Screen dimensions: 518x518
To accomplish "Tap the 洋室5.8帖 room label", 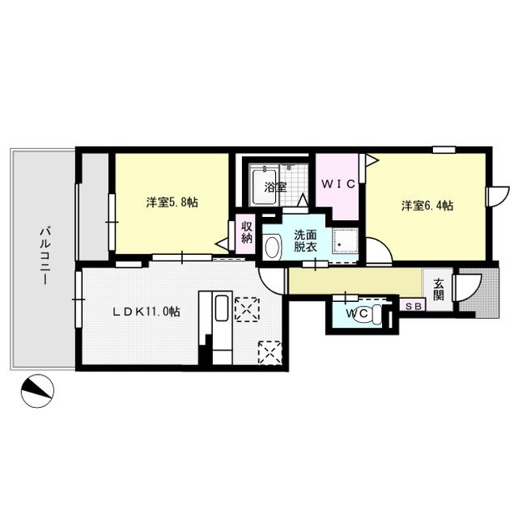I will tap(172, 204).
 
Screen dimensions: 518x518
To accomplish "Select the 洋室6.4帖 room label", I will tap(427, 205).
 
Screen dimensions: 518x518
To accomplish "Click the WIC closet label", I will tap(338, 185).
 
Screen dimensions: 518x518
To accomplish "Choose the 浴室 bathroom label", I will tap(276, 187).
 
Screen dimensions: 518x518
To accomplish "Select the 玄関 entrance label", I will tap(438, 289).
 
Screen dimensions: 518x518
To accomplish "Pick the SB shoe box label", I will tap(413, 306).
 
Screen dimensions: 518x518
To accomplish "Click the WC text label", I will tap(355, 313).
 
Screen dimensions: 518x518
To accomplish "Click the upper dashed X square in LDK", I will tap(244, 308).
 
